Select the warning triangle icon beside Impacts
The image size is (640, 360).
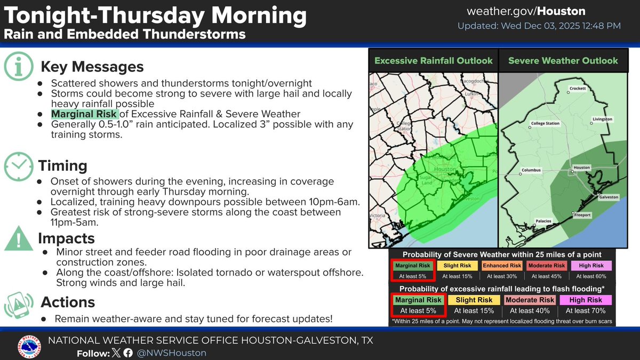click(19, 239)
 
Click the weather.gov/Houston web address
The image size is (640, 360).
click(526, 11)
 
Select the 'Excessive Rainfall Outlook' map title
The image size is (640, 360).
click(433, 61)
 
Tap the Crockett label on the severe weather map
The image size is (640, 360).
click(577, 88)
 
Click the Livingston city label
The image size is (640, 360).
click(602, 119)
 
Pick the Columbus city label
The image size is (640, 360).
click(531, 170)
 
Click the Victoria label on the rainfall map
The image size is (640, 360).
click(378, 217)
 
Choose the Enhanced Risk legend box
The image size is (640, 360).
click(502, 266)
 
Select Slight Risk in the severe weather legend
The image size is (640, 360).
click(457, 266)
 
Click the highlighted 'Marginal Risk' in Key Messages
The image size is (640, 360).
click(84, 114)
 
